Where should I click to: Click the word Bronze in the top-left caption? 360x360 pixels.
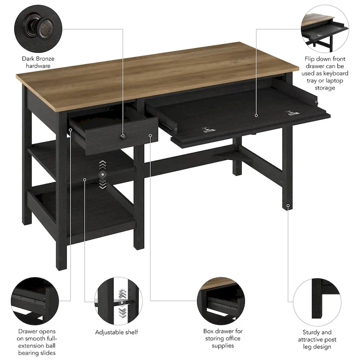tap(45, 58)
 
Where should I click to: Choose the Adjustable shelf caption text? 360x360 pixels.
tap(116, 332)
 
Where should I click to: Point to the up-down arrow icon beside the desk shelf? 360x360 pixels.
tap(103, 174)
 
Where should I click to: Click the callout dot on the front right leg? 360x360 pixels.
tap(288, 206)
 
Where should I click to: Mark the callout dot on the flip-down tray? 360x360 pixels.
tap(256, 115)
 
